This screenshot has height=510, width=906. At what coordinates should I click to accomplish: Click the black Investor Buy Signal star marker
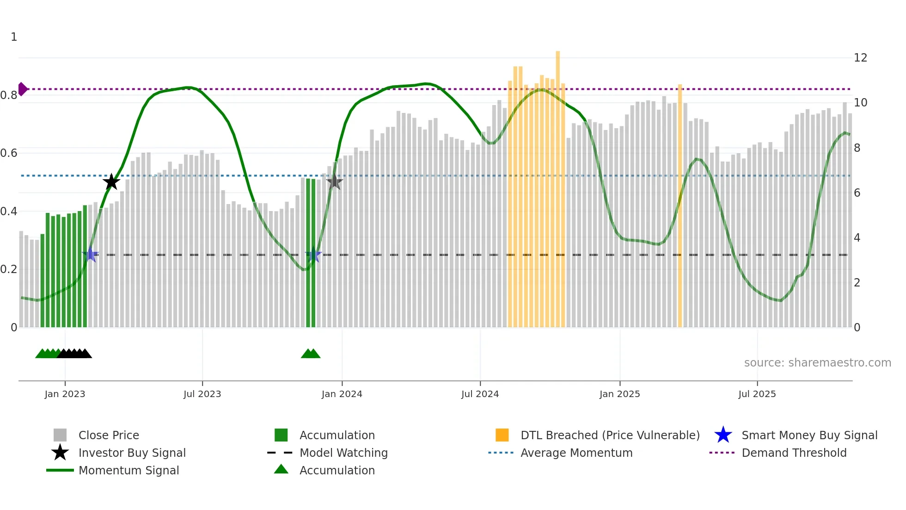[111, 182]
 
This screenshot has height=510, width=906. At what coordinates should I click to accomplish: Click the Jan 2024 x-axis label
[342, 394]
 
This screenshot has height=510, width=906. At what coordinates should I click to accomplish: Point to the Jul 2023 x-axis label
[202, 394]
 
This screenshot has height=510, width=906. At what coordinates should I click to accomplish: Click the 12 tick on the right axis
[860, 58]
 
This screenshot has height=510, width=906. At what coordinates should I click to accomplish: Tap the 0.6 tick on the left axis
[9, 153]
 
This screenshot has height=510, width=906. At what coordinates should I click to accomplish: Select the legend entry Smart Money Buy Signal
[809, 435]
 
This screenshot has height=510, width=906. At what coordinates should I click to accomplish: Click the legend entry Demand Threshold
[794, 453]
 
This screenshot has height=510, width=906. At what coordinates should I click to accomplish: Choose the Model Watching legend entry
[343, 453]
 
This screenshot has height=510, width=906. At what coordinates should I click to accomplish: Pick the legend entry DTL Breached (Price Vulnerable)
[610, 435]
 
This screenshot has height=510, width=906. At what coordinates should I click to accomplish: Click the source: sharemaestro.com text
[817, 363]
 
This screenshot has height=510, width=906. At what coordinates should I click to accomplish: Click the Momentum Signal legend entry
[129, 470]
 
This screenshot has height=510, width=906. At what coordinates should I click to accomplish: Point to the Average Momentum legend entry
[576, 453]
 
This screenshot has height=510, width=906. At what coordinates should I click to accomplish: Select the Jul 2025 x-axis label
[757, 394]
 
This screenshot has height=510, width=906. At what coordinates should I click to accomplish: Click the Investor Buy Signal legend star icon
[60, 453]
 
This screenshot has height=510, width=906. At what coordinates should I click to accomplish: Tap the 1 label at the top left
[14, 37]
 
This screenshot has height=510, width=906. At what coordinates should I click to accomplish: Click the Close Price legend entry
[109, 435]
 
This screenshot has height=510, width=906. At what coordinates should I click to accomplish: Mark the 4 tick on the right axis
[857, 238]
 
